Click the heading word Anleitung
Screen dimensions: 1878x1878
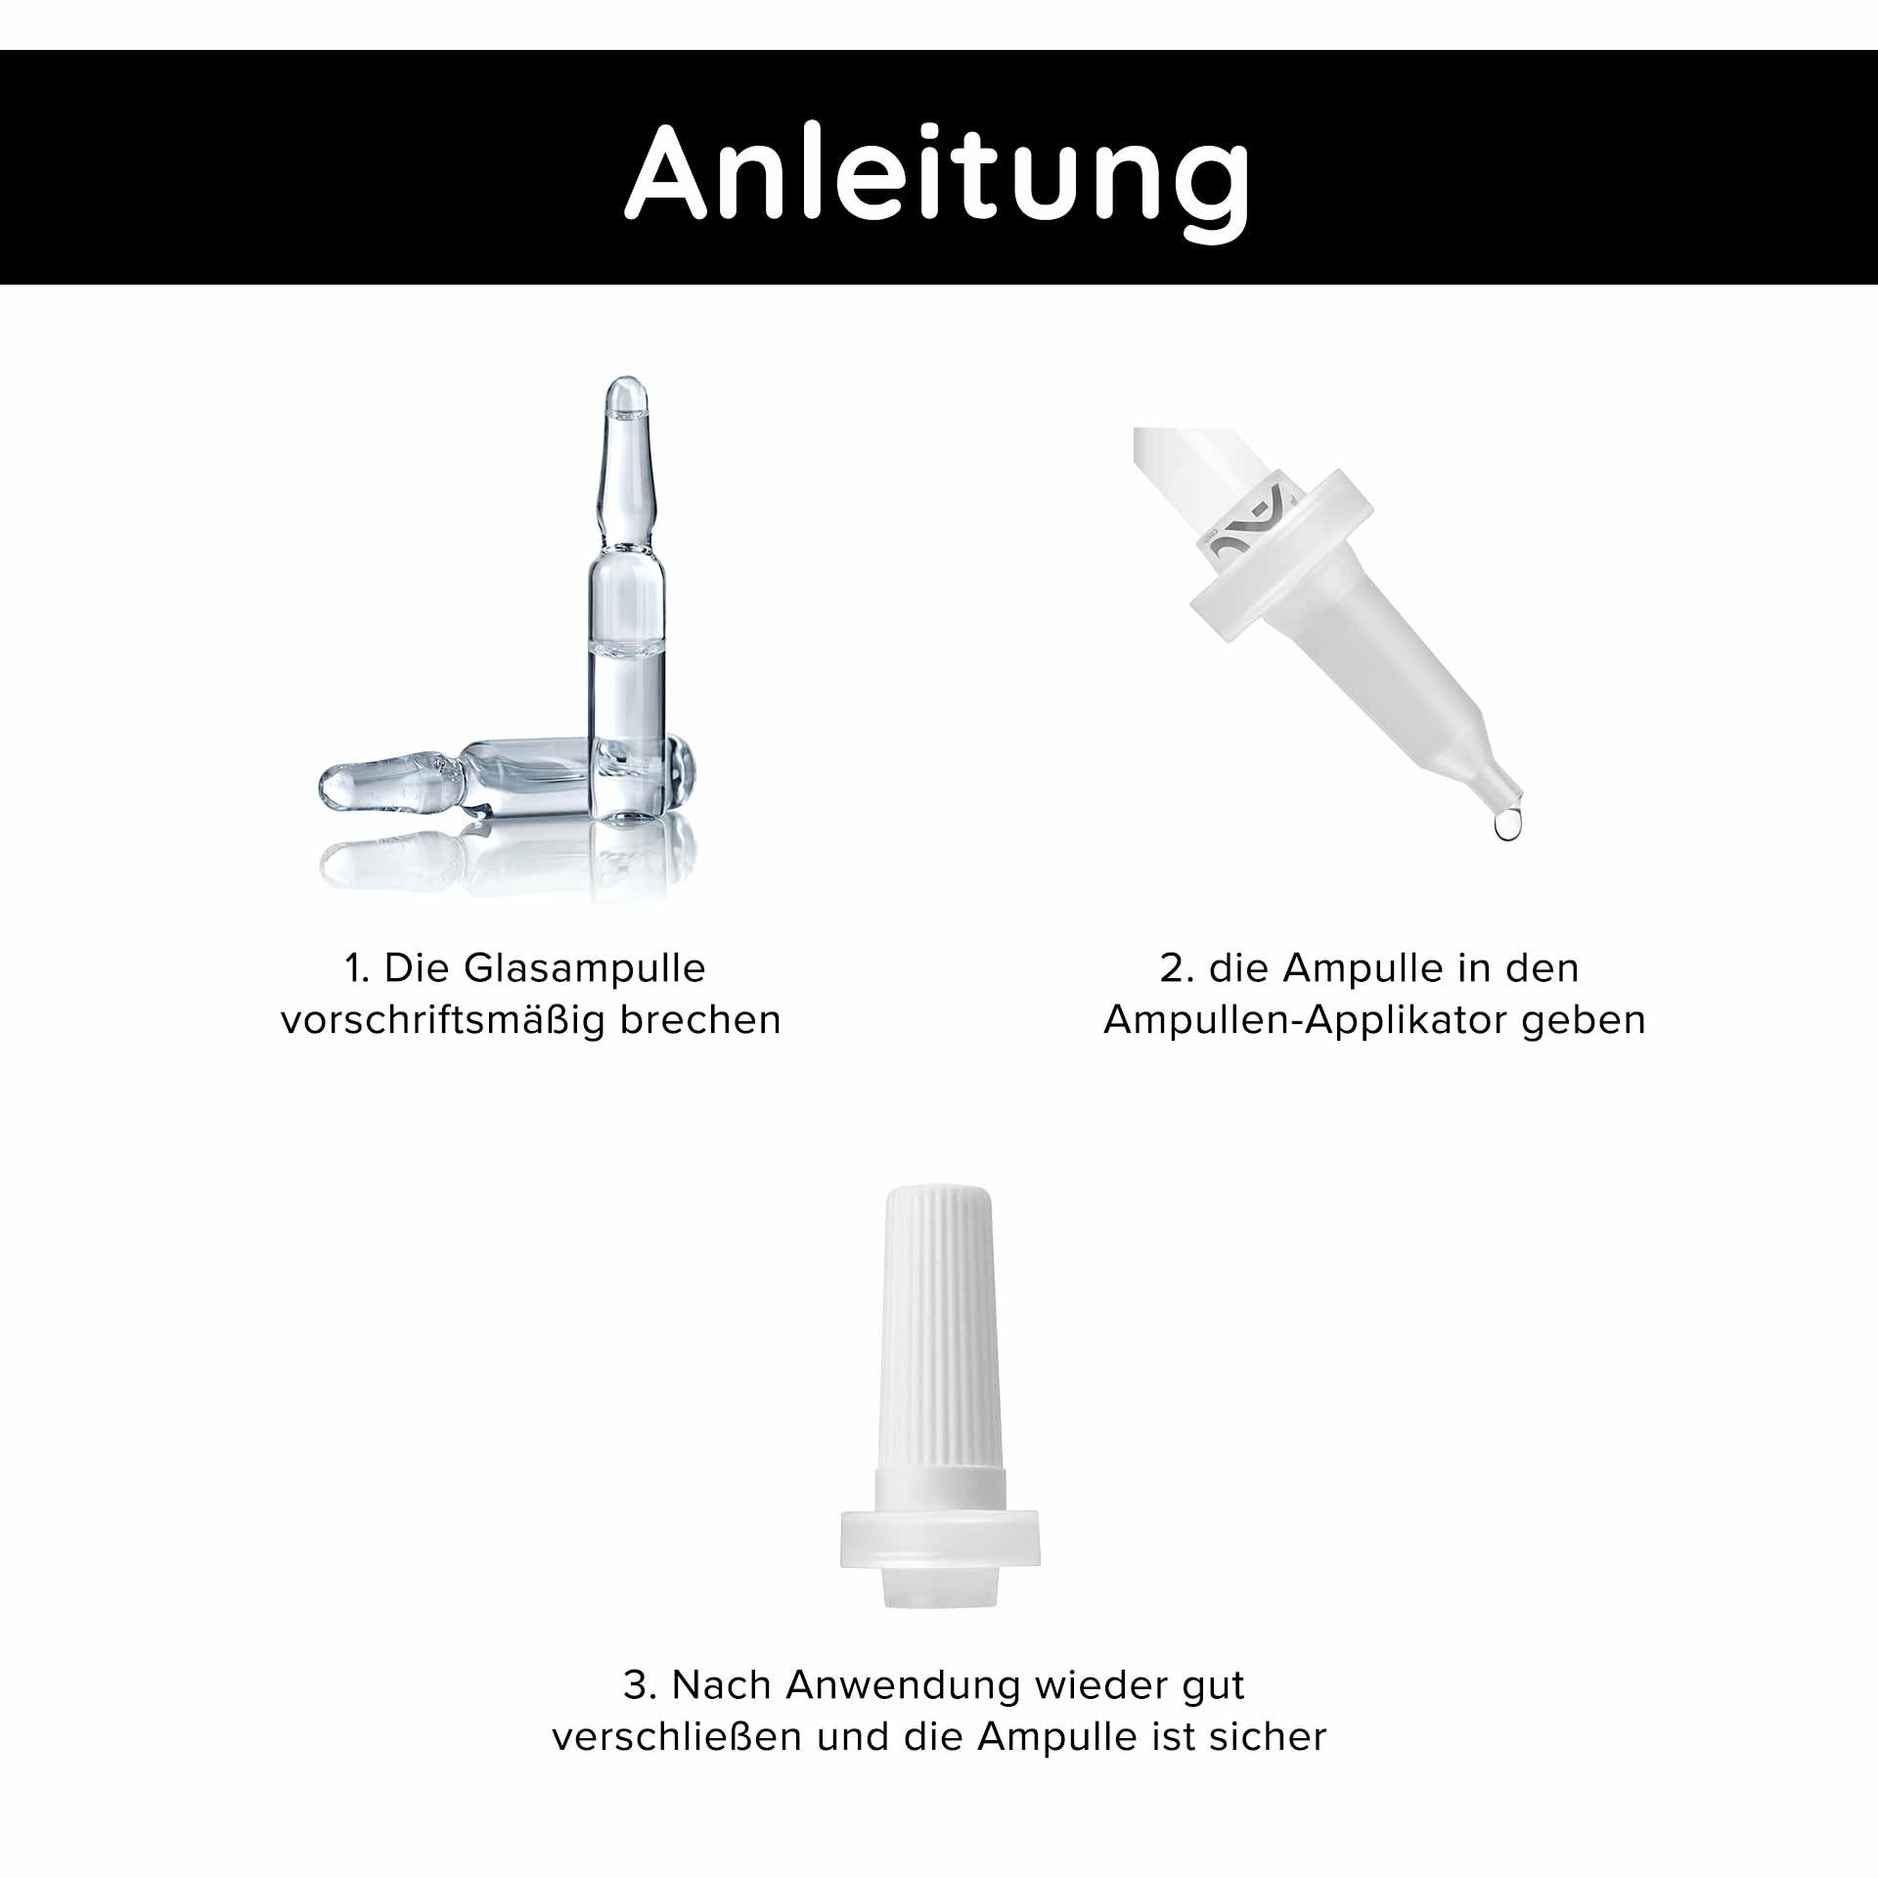click(937, 172)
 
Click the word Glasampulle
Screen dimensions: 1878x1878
click(584, 968)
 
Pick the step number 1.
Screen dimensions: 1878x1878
click(353, 968)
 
